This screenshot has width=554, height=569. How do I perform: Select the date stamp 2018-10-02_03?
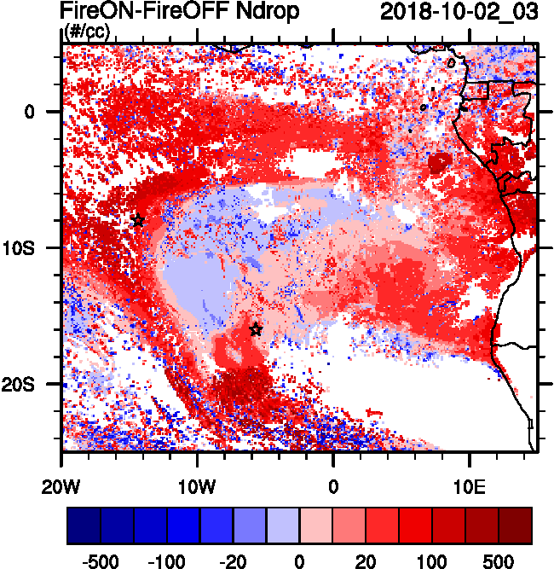click(x=459, y=12)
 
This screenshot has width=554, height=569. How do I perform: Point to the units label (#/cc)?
click(x=86, y=32)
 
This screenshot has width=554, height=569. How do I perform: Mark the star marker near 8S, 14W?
click(x=137, y=221)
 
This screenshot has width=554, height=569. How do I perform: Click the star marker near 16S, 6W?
click(x=256, y=329)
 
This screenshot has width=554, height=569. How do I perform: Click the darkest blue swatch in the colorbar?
click(x=84, y=525)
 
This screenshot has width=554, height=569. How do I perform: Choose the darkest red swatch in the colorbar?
click(x=515, y=525)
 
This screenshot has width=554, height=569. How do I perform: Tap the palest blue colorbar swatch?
click(x=283, y=525)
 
